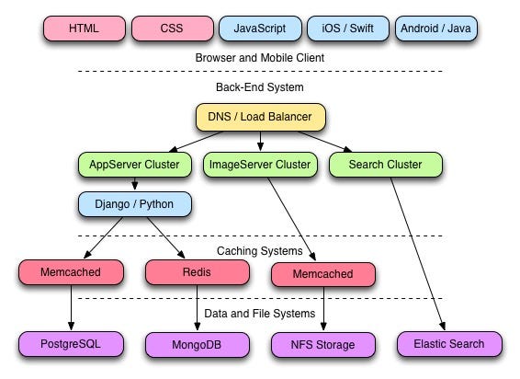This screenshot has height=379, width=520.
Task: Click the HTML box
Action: click(x=85, y=29)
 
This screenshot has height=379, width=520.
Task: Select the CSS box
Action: click(x=172, y=29)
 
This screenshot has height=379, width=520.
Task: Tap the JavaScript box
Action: click(x=260, y=29)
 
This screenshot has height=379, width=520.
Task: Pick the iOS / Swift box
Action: click(x=348, y=29)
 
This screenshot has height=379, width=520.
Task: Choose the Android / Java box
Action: click(x=436, y=29)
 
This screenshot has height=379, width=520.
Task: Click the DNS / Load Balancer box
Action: click(x=260, y=117)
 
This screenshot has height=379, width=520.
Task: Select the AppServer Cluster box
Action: click(x=135, y=165)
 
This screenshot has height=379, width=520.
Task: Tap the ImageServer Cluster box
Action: click(x=260, y=165)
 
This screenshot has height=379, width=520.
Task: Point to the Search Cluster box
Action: click(x=386, y=165)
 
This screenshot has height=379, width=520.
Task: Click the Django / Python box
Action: click(x=135, y=204)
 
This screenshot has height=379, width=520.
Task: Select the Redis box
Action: click(x=197, y=272)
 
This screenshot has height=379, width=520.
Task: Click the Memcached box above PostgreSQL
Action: click(x=71, y=272)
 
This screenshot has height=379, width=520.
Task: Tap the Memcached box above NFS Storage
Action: click(x=323, y=274)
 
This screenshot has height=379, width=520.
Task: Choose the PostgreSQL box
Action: click(x=71, y=344)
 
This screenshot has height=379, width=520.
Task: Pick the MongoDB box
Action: click(x=197, y=345)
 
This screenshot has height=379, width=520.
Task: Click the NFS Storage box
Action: click(x=323, y=345)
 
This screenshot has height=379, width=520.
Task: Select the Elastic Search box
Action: click(x=449, y=344)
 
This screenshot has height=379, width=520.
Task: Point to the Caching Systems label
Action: click(x=260, y=251)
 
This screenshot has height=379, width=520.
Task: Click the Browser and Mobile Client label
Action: click(x=260, y=58)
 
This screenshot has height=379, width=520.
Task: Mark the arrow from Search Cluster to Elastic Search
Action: click(x=417, y=254)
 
